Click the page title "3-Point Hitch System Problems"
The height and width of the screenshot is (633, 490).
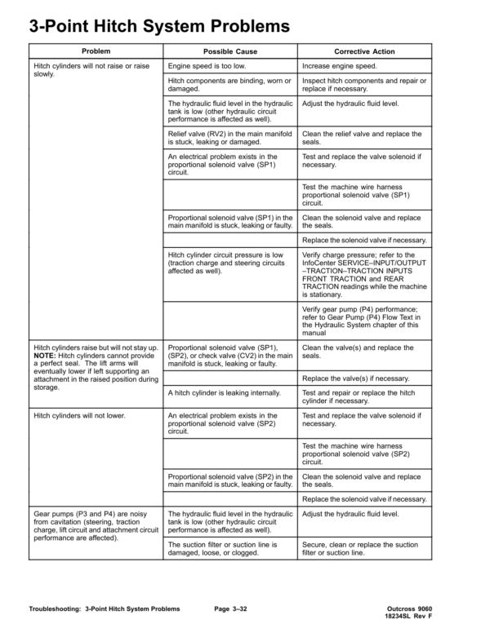tap(160, 28)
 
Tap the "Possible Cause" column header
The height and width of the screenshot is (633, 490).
tap(230, 51)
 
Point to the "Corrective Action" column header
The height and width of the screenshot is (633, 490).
tap(364, 51)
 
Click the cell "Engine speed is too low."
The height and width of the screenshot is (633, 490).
tap(207, 65)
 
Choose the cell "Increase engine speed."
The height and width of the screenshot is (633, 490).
tap(341, 65)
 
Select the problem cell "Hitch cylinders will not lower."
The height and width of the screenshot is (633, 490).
tap(79, 416)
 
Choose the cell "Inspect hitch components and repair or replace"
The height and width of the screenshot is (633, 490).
tap(364, 85)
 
